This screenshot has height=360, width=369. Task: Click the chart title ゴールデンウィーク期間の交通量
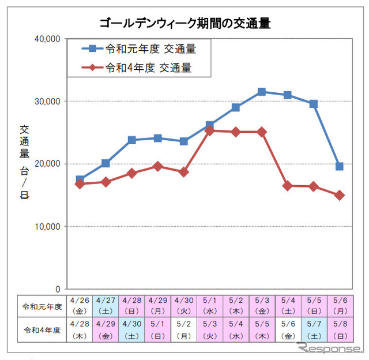coord(185,23)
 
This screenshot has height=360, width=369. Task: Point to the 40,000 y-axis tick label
coord(48,39)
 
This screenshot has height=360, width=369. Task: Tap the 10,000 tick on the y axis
coord(48,226)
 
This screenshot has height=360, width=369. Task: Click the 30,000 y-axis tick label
coord(48,101)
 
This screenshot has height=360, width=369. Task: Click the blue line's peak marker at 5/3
coord(262,91)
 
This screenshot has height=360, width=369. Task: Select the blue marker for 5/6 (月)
coord(340,166)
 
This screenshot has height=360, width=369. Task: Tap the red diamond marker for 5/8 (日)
coord(340,195)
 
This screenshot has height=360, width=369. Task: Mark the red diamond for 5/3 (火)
coord(210,131)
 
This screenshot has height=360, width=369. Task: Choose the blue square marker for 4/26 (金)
coord(80,179)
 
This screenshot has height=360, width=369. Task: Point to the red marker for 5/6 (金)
coord(288,186)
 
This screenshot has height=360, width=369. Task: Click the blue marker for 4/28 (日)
coord(132,140)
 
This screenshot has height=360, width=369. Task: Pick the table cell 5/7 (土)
coord(314,331)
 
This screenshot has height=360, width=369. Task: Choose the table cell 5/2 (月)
coord(184,331)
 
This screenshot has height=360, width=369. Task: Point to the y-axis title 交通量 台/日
coord(24,162)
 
